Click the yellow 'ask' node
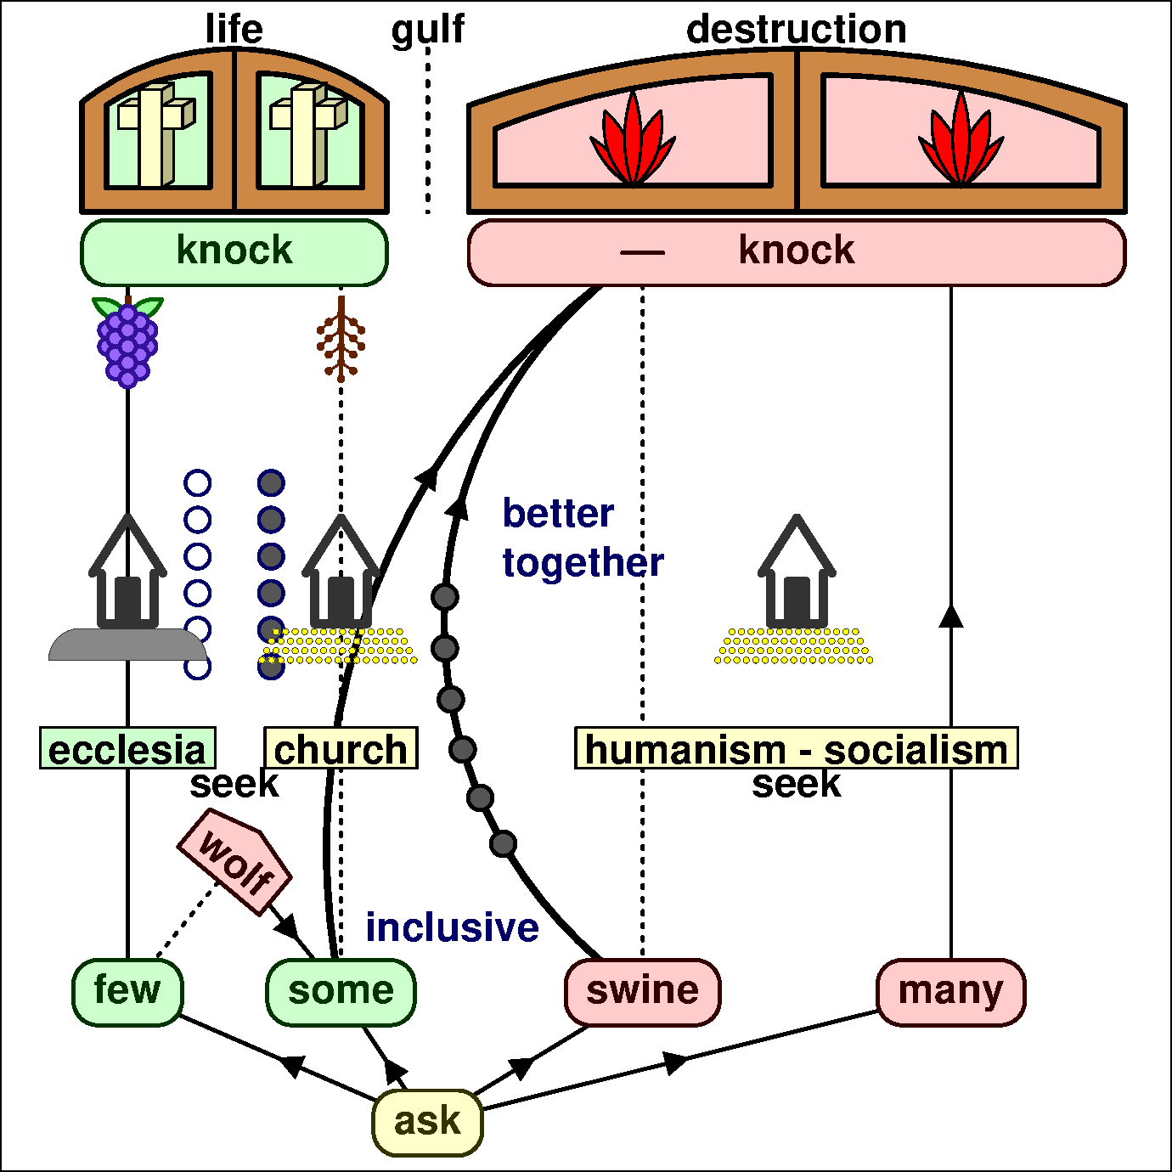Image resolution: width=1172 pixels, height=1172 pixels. coord(427,1122)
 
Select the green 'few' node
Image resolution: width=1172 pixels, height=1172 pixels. coord(127,991)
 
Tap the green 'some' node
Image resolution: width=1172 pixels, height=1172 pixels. coord(341,991)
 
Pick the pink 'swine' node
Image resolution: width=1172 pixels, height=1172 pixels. coord(642,991)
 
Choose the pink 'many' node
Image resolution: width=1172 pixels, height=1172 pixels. coord(950,991)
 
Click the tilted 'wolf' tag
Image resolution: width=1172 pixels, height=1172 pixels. coord(234,861)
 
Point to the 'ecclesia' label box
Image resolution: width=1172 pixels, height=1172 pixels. coord(127,749)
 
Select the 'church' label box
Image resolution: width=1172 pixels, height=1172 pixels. coord(341,749)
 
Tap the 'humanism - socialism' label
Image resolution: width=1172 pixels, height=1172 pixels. coord(796,749)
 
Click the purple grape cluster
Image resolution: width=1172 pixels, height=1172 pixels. coord(127,344)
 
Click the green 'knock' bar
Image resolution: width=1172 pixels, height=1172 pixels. coord(234,251)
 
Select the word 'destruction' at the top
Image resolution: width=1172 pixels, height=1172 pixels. coord(796,30)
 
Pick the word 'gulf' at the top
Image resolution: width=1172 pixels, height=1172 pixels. coord(427,30)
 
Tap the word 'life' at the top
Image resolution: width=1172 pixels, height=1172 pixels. coord(234,30)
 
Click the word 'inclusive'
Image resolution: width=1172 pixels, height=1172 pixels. coord(452,927)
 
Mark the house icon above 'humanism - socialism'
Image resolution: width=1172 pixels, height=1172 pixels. coord(797,573)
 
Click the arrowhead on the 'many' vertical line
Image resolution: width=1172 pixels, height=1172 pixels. coord(950,616)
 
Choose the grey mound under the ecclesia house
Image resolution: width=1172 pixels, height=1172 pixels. coord(127,645)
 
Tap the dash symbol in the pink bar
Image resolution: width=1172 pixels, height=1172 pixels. coord(642,252)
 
